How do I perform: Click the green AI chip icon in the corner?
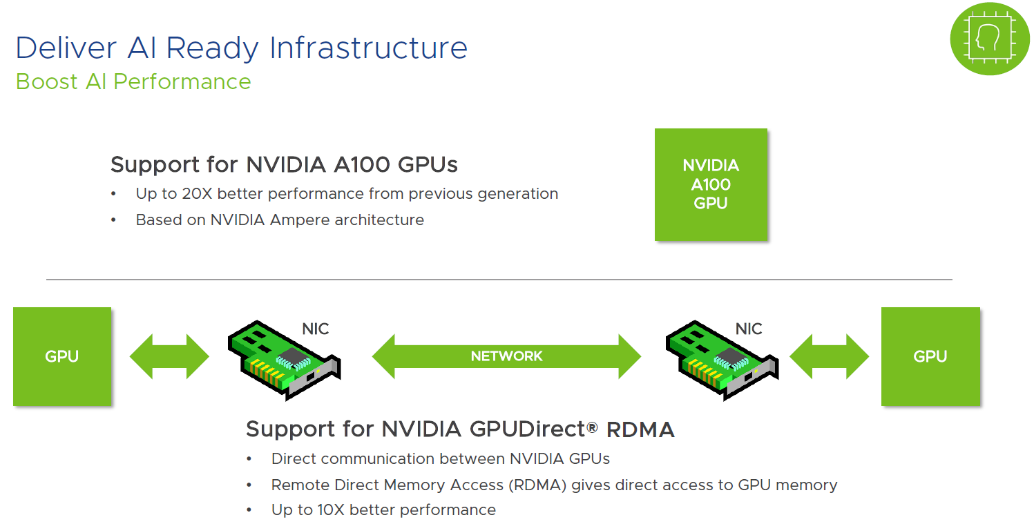[990, 39]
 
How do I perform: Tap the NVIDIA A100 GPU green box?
[711, 184]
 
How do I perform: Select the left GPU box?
[62, 356]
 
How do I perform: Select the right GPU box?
[930, 356]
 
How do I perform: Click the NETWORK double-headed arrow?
[506, 356]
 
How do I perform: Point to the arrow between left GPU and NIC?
[169, 356]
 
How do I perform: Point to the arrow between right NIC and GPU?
[829, 356]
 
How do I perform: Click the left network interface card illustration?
[284, 360]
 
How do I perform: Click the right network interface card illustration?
[722, 360]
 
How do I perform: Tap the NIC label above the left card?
[315, 329]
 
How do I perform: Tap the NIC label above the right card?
[749, 329]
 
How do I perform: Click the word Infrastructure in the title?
[368, 48]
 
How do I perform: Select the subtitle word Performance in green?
[182, 82]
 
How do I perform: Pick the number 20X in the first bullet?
[197, 193]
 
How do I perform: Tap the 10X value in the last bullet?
[331, 510]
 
